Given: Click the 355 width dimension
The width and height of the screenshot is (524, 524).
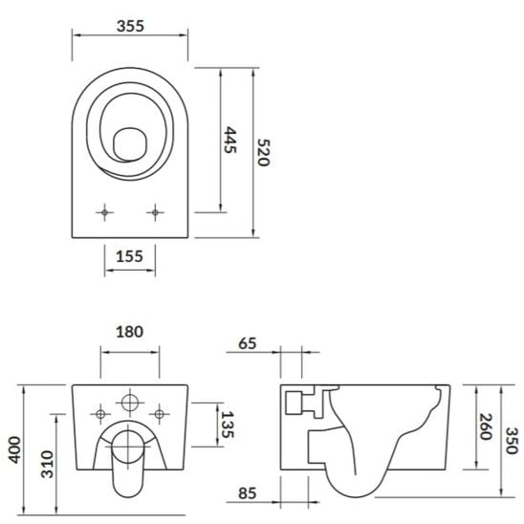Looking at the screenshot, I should (130, 27).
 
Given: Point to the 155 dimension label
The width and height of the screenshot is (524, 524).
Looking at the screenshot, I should (129, 256).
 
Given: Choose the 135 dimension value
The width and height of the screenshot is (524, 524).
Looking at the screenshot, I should (227, 424).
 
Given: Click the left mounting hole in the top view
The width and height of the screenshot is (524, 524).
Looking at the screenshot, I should (104, 211).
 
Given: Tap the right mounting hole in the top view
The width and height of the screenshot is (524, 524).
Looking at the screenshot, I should (154, 211).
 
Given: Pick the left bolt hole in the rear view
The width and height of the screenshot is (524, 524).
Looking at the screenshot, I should (100, 414).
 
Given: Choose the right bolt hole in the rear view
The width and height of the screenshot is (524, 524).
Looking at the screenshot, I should (160, 414).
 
